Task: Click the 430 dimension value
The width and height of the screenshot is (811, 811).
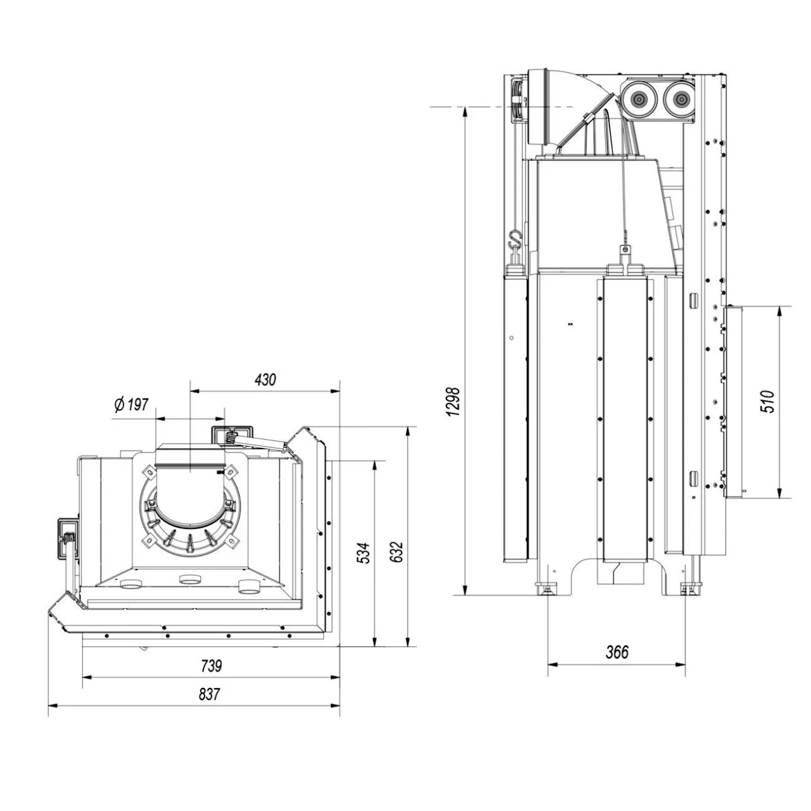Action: coord(265,380)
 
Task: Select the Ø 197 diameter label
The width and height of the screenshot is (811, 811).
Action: coord(131,405)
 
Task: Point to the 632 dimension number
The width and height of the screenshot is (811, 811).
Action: coord(396,552)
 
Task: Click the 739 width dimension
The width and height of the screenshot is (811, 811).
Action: coord(211,666)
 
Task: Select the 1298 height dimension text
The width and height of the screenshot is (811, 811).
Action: coord(453,402)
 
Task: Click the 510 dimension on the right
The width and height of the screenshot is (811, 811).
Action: coord(767,402)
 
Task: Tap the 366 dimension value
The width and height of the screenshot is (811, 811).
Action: coord(616,652)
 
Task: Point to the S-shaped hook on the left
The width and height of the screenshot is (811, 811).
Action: coord(515,240)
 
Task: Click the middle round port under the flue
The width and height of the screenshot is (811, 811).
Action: coord(189,579)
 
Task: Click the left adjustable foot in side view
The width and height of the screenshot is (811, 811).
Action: coord(546,589)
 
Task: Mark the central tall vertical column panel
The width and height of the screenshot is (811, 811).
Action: coord(624,418)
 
